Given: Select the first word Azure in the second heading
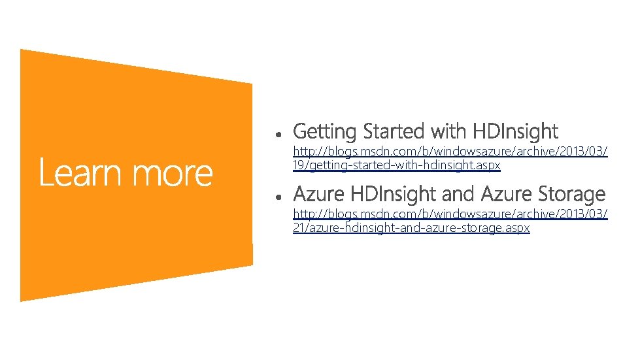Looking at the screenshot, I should click(x=319, y=194).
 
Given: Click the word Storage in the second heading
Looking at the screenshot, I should click(x=572, y=194).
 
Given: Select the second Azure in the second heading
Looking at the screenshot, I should click(x=506, y=194).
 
